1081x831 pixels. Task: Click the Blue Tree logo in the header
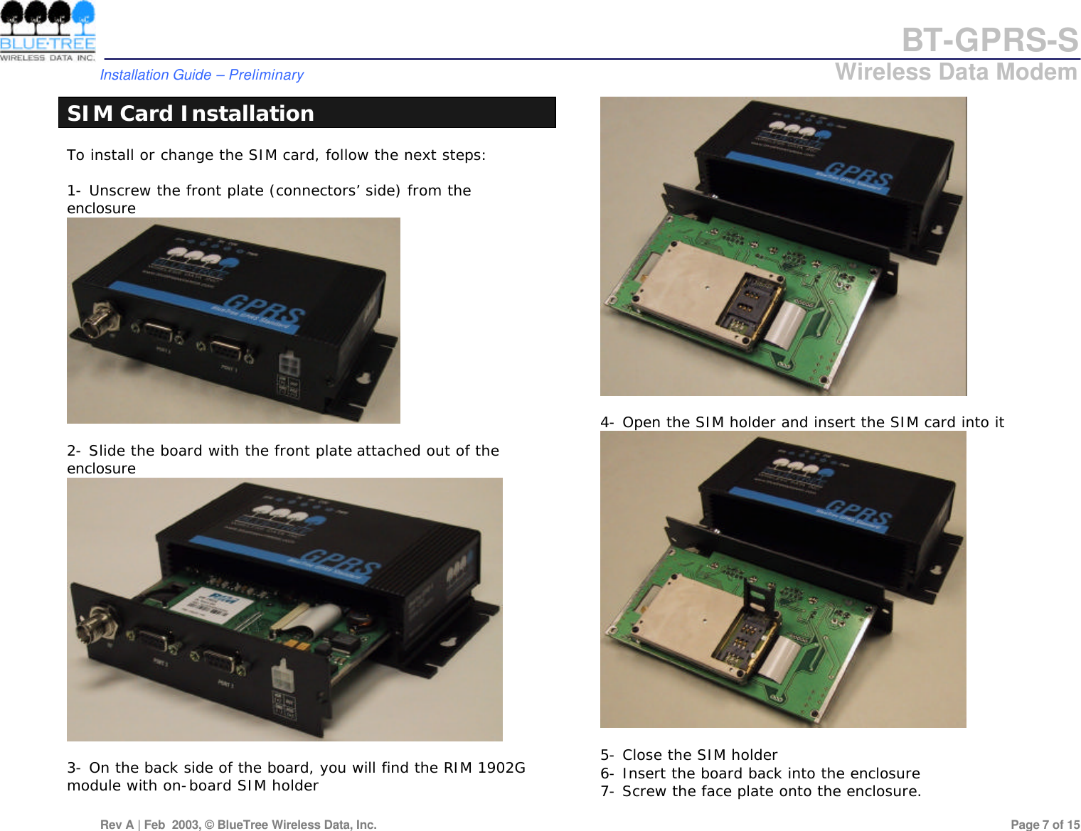click(x=48, y=31)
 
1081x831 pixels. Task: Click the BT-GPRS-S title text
click(x=989, y=41)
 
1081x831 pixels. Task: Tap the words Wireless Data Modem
click(x=956, y=72)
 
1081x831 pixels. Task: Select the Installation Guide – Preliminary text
click(x=201, y=75)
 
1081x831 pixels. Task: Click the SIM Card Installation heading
click(x=191, y=113)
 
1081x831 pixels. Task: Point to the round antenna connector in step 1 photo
click(x=95, y=323)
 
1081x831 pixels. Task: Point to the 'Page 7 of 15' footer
click(x=1045, y=825)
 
